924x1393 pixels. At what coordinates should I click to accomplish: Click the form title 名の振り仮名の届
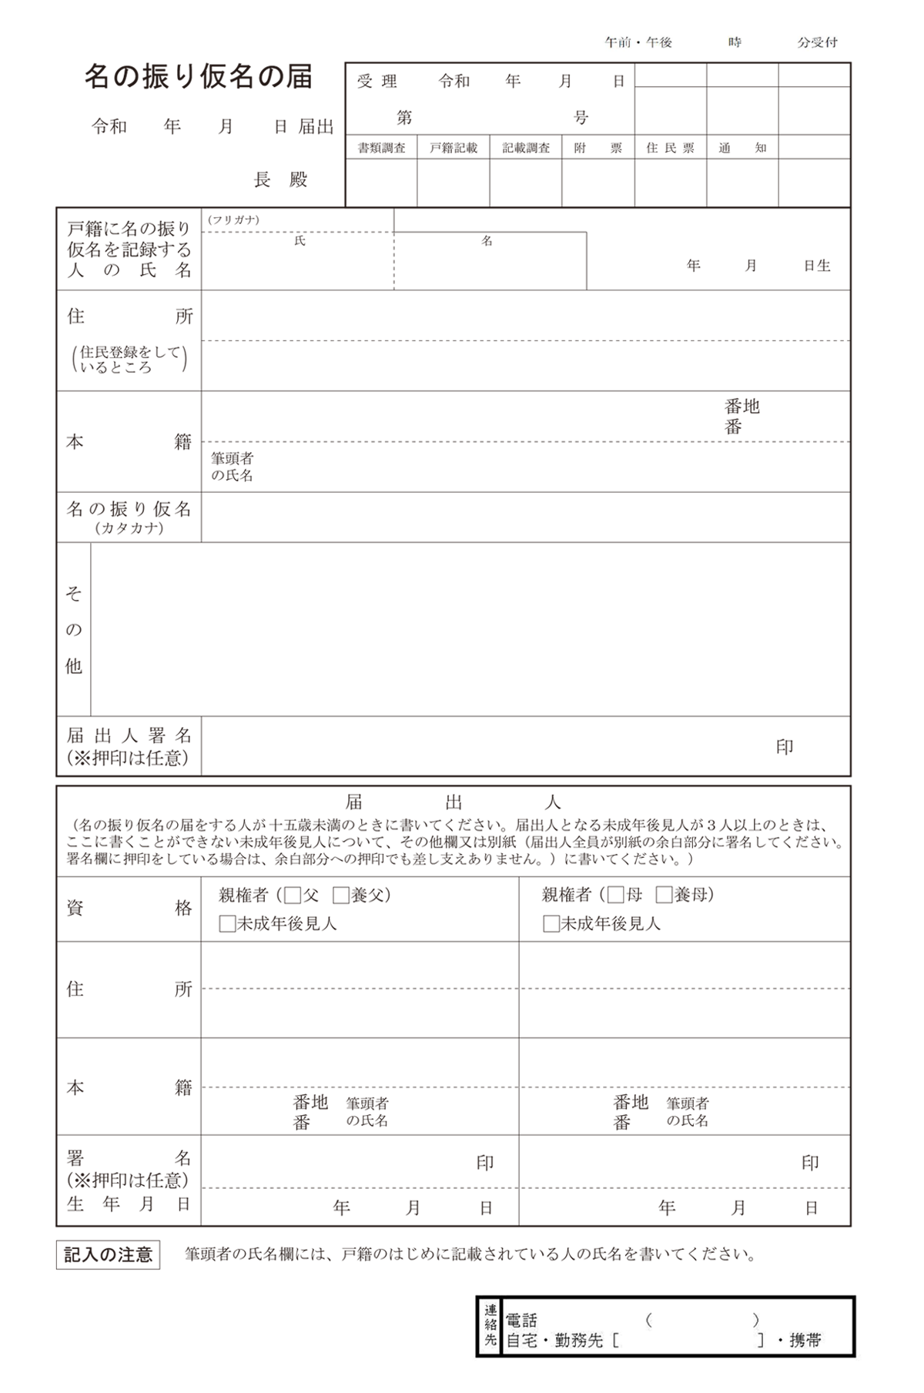point(199,77)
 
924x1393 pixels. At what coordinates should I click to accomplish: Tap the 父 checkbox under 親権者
point(293,896)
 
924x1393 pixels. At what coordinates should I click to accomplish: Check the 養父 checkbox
point(341,896)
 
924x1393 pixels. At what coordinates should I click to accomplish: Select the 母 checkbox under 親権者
point(616,896)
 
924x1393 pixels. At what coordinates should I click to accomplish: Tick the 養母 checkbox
point(665,896)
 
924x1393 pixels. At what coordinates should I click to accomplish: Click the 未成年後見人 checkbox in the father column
point(227,924)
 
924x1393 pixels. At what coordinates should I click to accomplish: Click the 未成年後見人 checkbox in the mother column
point(551,924)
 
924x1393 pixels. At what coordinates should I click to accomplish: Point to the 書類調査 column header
point(381,148)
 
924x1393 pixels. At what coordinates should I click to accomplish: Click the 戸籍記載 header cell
point(454,148)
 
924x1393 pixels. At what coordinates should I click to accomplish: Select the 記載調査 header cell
point(526,148)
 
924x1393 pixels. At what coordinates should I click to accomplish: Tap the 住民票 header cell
point(670,148)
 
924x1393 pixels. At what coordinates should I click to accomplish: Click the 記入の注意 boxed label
point(108,1256)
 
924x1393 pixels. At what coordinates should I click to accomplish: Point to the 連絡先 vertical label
point(490,1326)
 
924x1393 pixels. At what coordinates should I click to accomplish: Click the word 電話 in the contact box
point(521,1320)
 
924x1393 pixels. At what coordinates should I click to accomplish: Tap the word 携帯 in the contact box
point(805,1341)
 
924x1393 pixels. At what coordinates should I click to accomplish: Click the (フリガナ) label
point(233,220)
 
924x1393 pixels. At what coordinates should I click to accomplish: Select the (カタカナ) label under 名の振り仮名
point(129,528)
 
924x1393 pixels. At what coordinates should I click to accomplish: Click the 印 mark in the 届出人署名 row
point(785,747)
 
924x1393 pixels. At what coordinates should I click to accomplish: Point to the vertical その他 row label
point(73,629)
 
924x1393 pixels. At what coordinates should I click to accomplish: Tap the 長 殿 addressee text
point(281,180)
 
